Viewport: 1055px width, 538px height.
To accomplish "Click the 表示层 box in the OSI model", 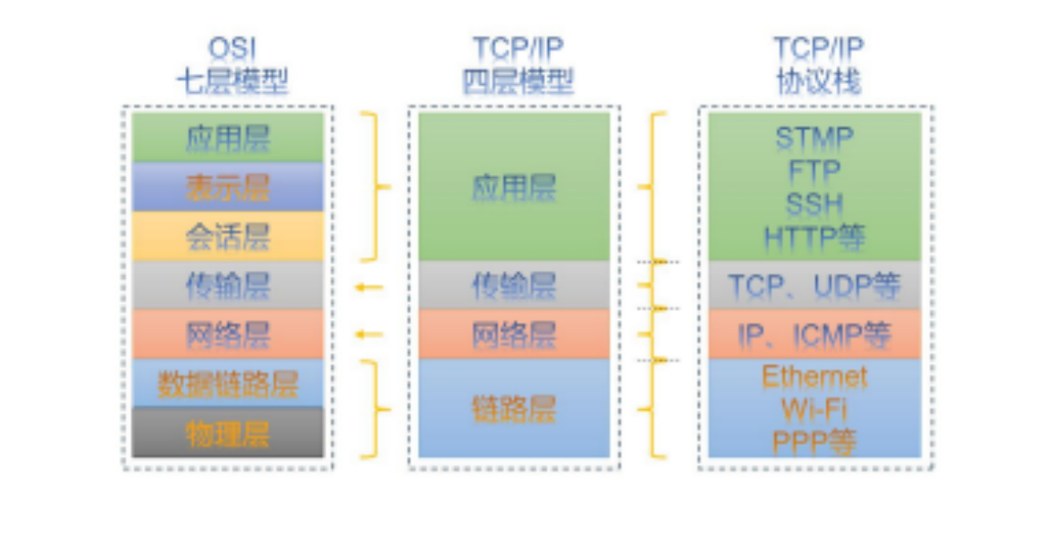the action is click(227, 187).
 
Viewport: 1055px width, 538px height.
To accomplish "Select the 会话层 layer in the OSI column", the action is click(227, 236).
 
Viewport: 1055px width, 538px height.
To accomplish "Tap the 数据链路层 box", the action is click(227, 383).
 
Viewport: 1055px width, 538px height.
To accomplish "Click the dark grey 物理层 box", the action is click(227, 433).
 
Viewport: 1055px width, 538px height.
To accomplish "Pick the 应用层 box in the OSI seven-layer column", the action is click(227, 138).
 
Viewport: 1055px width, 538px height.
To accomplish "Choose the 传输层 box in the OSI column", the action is click(227, 285).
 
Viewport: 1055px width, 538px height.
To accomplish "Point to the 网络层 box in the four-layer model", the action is click(514, 334).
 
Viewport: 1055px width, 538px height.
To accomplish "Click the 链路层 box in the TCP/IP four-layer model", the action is click(514, 408).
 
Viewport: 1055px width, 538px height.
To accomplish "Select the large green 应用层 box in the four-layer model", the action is click(514, 187).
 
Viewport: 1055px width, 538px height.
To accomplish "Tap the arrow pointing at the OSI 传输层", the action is click(367, 287).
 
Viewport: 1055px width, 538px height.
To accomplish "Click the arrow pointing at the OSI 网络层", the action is click(367, 335).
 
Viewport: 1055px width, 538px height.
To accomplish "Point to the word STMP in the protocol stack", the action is click(814, 138).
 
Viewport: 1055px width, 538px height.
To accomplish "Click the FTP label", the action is click(814, 170).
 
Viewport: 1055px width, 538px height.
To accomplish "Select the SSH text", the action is click(814, 204).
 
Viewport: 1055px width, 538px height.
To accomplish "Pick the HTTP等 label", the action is click(814, 238).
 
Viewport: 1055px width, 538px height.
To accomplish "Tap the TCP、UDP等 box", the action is click(814, 286).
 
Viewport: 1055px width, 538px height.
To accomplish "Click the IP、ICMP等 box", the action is click(814, 335).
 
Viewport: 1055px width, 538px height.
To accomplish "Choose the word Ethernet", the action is click(814, 376).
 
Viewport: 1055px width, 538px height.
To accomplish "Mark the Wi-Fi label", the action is click(814, 409).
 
